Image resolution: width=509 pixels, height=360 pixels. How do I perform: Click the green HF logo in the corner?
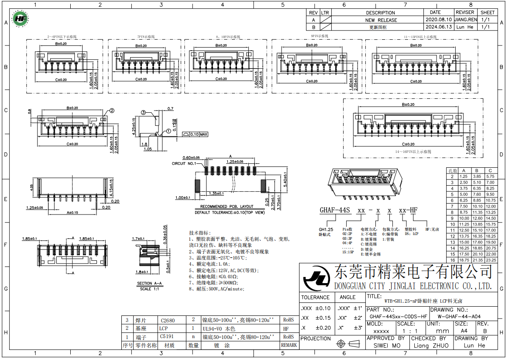(20, 19)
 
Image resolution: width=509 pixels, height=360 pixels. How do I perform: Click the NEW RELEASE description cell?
(381, 20)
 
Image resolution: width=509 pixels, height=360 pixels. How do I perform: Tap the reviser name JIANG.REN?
(465, 20)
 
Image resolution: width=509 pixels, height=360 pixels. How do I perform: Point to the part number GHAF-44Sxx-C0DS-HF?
(398, 316)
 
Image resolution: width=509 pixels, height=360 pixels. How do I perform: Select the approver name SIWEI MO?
(387, 346)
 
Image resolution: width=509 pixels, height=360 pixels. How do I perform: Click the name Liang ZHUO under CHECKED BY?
(430, 346)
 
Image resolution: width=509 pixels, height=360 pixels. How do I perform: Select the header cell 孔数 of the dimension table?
(452, 170)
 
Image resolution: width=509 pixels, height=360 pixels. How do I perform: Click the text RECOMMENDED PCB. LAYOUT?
(227, 207)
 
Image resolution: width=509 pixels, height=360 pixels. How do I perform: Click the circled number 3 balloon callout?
(143, 113)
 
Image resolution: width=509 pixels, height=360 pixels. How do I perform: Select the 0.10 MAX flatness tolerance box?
(195, 135)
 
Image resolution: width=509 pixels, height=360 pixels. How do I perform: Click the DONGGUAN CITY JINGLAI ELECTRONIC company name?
(413, 286)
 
